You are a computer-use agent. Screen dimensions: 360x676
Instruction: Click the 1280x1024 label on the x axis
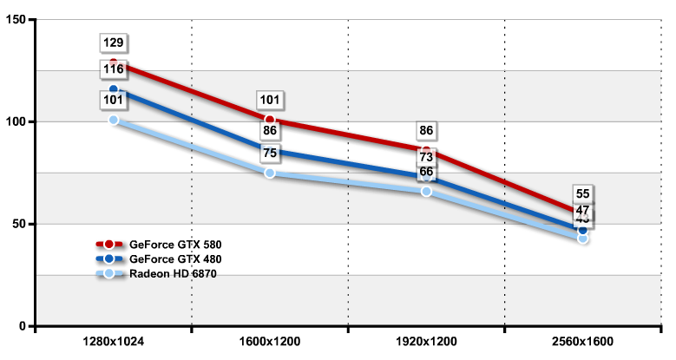[x=113, y=342]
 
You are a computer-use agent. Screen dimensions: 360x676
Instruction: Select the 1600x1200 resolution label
[x=270, y=342]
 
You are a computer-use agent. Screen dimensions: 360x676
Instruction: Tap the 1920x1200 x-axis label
[x=426, y=342]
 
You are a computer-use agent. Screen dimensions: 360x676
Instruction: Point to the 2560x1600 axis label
[x=582, y=342]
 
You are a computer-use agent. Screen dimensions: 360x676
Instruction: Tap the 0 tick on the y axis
[x=24, y=326]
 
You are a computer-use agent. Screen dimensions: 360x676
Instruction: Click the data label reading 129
[x=113, y=43]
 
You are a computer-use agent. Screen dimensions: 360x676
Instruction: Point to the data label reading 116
[x=113, y=69]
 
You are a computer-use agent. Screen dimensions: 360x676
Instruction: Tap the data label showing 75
[x=270, y=154]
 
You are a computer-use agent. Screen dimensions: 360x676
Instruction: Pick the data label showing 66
[x=426, y=172]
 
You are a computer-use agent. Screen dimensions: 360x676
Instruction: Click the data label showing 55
[x=582, y=194]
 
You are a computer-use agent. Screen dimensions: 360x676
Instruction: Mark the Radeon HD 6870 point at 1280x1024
[x=113, y=120]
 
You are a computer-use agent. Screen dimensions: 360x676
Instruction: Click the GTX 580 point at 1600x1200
[x=270, y=120]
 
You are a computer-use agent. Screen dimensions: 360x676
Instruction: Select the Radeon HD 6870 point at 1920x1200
[x=426, y=191]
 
